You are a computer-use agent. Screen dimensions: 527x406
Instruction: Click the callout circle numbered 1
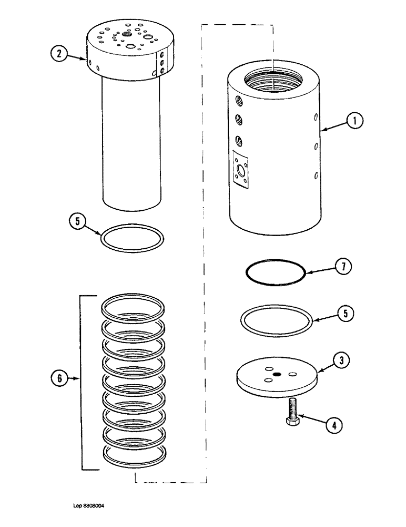point(354,121)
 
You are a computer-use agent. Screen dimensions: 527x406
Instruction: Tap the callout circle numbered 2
point(59,54)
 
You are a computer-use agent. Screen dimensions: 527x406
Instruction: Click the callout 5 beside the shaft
point(77,222)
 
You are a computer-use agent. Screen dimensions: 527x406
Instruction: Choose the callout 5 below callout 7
point(346,314)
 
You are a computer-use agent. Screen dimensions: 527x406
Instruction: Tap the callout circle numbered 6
point(59,377)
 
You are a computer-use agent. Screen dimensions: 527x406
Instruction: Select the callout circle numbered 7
point(343,268)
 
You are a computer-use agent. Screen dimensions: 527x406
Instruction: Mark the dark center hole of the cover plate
point(277,375)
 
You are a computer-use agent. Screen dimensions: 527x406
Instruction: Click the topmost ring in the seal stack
point(133,307)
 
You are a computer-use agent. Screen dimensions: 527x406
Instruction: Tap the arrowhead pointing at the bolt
point(301,417)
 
